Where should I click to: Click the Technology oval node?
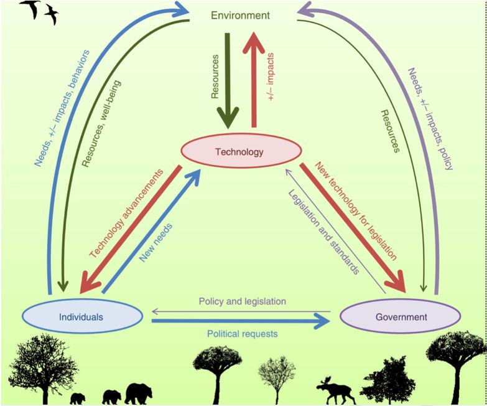coord(240,151)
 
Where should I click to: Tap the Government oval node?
coord(401,317)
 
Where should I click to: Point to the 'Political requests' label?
coord(242,334)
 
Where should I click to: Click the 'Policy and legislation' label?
coord(242,301)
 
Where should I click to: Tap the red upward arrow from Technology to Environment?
coord(254,78)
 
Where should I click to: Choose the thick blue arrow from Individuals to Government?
coord(242,321)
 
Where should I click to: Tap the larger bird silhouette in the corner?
coord(31,9)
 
